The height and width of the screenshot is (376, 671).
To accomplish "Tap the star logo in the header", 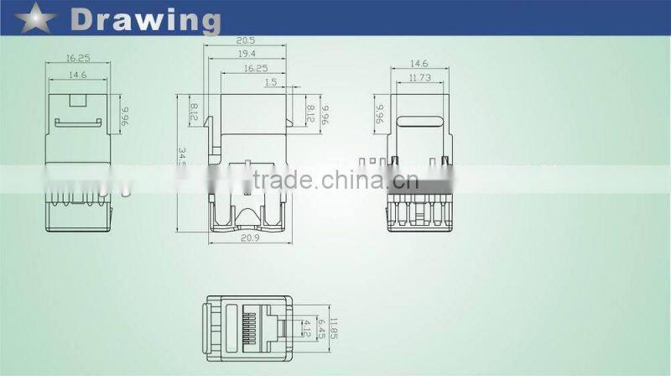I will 33,16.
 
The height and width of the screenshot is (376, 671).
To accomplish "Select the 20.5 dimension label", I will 246,40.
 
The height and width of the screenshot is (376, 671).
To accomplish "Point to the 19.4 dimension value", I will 246,54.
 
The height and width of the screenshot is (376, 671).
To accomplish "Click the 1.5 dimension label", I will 270,82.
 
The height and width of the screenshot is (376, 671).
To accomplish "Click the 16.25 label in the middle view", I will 256,68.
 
